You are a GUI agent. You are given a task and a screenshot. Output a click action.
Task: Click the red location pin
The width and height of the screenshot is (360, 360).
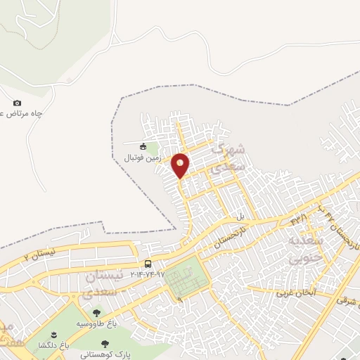[181, 165]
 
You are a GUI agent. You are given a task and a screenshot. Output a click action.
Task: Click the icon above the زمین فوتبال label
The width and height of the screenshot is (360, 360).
[143, 147]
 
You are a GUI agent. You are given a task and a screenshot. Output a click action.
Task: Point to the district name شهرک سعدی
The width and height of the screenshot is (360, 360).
[230, 158]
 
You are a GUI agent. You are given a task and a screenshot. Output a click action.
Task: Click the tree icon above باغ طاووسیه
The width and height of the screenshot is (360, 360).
[96, 313]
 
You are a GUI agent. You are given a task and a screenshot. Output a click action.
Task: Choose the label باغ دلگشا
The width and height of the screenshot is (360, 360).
[53, 345]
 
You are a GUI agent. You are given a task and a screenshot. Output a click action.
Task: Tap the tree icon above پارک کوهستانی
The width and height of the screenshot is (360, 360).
[105, 344]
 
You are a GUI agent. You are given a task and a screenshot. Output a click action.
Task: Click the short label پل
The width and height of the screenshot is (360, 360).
[240, 216]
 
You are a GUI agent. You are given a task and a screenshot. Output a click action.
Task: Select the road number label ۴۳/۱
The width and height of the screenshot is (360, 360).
[299, 220]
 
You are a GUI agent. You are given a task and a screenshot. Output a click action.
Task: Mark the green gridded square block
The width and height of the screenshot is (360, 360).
[186, 275]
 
